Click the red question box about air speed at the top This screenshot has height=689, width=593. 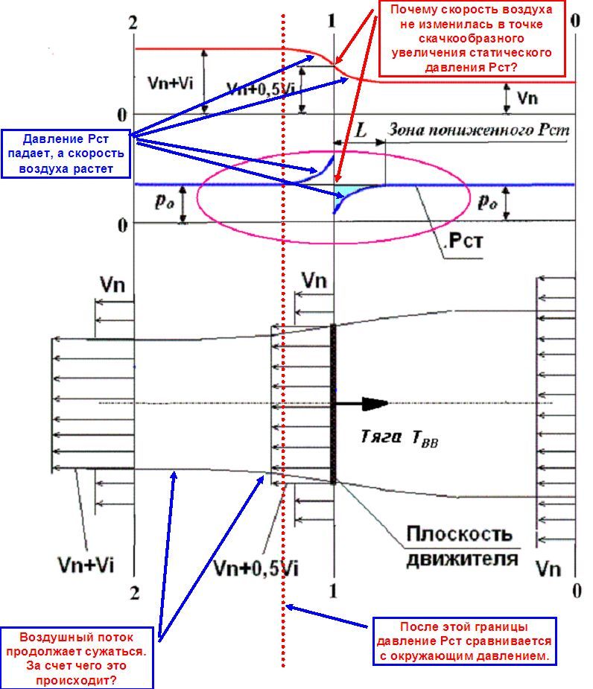(x=467, y=39)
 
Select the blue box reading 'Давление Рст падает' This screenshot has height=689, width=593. (x=65, y=155)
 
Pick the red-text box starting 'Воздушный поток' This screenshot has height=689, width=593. (x=83, y=659)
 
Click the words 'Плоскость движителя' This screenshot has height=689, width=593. (x=460, y=546)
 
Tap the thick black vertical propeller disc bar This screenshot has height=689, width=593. (x=334, y=403)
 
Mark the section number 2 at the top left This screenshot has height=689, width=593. (x=133, y=22)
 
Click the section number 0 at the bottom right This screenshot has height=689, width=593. (x=575, y=591)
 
